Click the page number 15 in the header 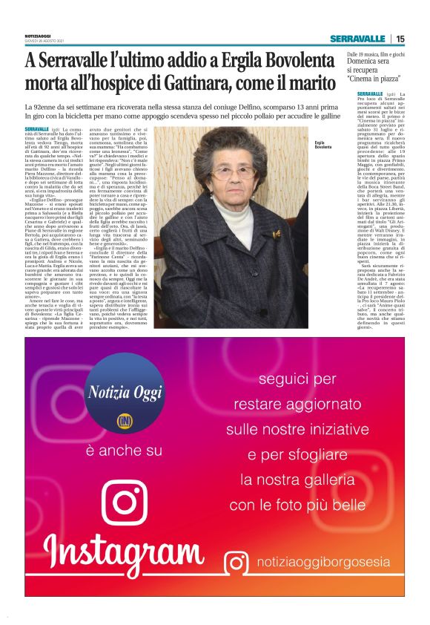pos(400,39)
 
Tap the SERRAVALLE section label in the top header pos(358,39)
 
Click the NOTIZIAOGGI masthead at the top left pos(37,36)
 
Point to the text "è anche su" pos(123,451)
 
